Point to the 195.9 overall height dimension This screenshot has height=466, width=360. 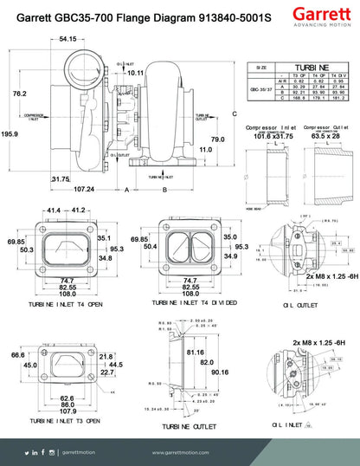point(10,134)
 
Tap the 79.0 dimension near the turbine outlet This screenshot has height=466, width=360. point(217,139)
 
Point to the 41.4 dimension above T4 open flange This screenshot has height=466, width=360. point(55,210)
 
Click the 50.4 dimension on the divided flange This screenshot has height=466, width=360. point(151,246)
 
